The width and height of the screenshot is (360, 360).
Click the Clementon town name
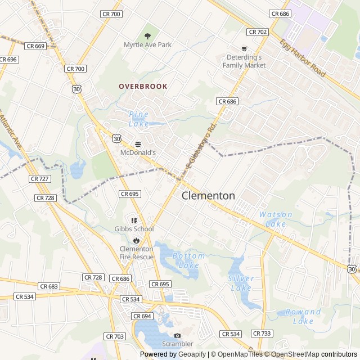pyautogui.click(x=208, y=196)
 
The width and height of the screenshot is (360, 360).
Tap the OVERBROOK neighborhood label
pyautogui.click(x=143, y=86)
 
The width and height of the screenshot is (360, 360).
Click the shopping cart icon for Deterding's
pyautogui.click(x=244, y=49)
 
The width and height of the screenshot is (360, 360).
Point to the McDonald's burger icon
pyautogui.click(x=138, y=143)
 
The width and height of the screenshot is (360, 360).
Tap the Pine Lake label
pyautogui.click(x=138, y=119)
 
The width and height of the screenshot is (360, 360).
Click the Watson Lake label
pyautogui.click(x=276, y=219)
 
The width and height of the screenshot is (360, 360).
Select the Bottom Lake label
pyautogui.click(x=188, y=260)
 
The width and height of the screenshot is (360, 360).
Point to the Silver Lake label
pyautogui.click(x=241, y=283)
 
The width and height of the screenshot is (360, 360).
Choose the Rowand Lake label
pyautogui.click(x=303, y=316)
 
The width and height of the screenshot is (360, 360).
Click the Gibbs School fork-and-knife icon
pyautogui.click(x=134, y=220)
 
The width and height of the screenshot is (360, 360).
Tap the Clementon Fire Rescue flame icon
pyautogui.click(x=136, y=240)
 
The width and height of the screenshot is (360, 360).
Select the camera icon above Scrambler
pyautogui.click(x=177, y=335)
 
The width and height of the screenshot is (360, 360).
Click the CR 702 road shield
pyautogui.click(x=258, y=32)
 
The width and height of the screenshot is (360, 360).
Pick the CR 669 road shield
pyautogui.click(x=35, y=46)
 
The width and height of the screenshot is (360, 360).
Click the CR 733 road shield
pyautogui.click(x=262, y=334)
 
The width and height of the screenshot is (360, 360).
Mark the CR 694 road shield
pyautogui.click(x=143, y=316)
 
